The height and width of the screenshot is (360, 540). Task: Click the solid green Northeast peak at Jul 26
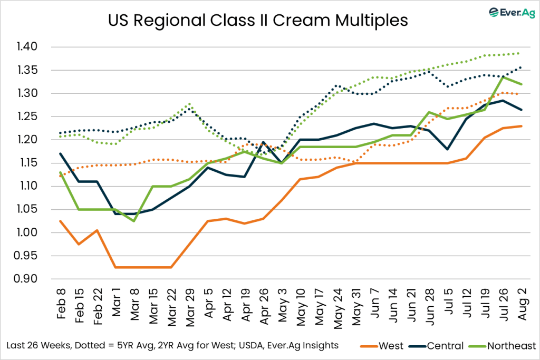point(503,77)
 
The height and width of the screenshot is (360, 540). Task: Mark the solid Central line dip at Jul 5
point(448,149)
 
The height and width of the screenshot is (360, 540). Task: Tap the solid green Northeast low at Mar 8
point(134,221)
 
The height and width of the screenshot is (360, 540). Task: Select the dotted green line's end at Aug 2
point(521,53)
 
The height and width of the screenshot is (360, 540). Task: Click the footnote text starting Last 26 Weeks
point(171,345)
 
